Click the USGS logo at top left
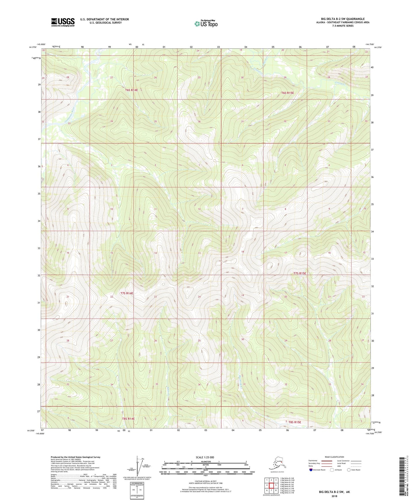pyautogui.click(x=63, y=22)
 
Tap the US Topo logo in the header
pyautogui.click(x=206, y=23)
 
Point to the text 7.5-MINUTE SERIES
pyautogui.click(x=343, y=26)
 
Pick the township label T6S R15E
pyautogui.click(x=287, y=93)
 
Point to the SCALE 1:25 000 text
pyautogui.click(x=205, y=457)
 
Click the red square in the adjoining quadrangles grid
pyautogui.click(x=271, y=486)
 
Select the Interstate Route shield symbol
pyautogui.click(x=311, y=470)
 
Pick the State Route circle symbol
pyautogui.click(x=349, y=470)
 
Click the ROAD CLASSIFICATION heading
pyautogui.click(x=334, y=457)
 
